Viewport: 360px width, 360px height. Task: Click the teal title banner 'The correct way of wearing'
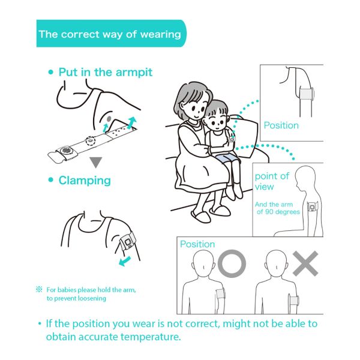pyautogui.click(x=111, y=34)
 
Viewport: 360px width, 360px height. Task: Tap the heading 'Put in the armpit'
pyautogui.click(x=106, y=73)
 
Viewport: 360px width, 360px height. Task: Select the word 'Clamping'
pyautogui.click(x=85, y=181)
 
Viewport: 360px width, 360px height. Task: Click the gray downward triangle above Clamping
pyautogui.click(x=96, y=162)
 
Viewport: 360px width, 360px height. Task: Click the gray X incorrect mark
pyautogui.click(x=305, y=263)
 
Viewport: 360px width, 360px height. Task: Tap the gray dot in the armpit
pyautogui.click(x=109, y=119)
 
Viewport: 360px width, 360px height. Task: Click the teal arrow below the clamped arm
pyautogui.click(x=125, y=261)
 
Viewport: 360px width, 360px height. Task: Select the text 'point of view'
pyautogui.click(x=272, y=181)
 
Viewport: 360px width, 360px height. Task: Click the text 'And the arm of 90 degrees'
pyautogui.click(x=277, y=208)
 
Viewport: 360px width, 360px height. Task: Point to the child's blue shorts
pyautogui.click(x=226, y=158)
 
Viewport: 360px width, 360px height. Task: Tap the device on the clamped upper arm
pyautogui.click(x=127, y=242)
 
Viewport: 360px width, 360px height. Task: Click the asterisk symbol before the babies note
pyautogui.click(x=39, y=289)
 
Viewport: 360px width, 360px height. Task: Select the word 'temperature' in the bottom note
pyautogui.click(x=151, y=337)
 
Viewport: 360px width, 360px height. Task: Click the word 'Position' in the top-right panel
pyautogui.click(x=281, y=125)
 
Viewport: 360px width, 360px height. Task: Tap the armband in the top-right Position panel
pyautogui.click(x=307, y=94)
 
